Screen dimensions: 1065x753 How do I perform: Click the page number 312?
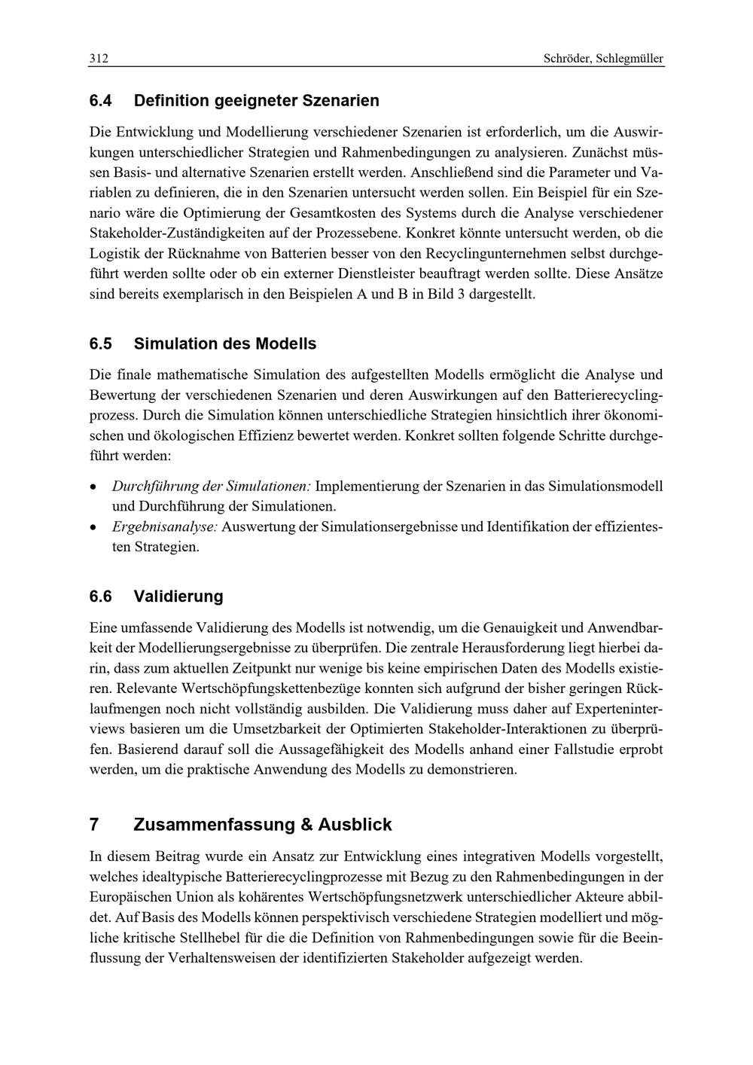[x=99, y=59]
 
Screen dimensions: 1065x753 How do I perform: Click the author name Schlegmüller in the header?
[x=630, y=59]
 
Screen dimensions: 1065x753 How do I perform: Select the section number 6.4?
[x=100, y=100]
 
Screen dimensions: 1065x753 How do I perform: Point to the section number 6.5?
[x=100, y=343]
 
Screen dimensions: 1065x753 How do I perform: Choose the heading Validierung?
[x=178, y=597]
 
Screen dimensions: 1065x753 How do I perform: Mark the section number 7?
[x=93, y=824]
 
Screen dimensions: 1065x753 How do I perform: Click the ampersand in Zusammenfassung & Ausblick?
[x=306, y=824]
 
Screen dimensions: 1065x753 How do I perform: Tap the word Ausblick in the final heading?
[x=355, y=824]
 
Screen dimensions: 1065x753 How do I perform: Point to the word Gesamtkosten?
[x=345, y=213]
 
